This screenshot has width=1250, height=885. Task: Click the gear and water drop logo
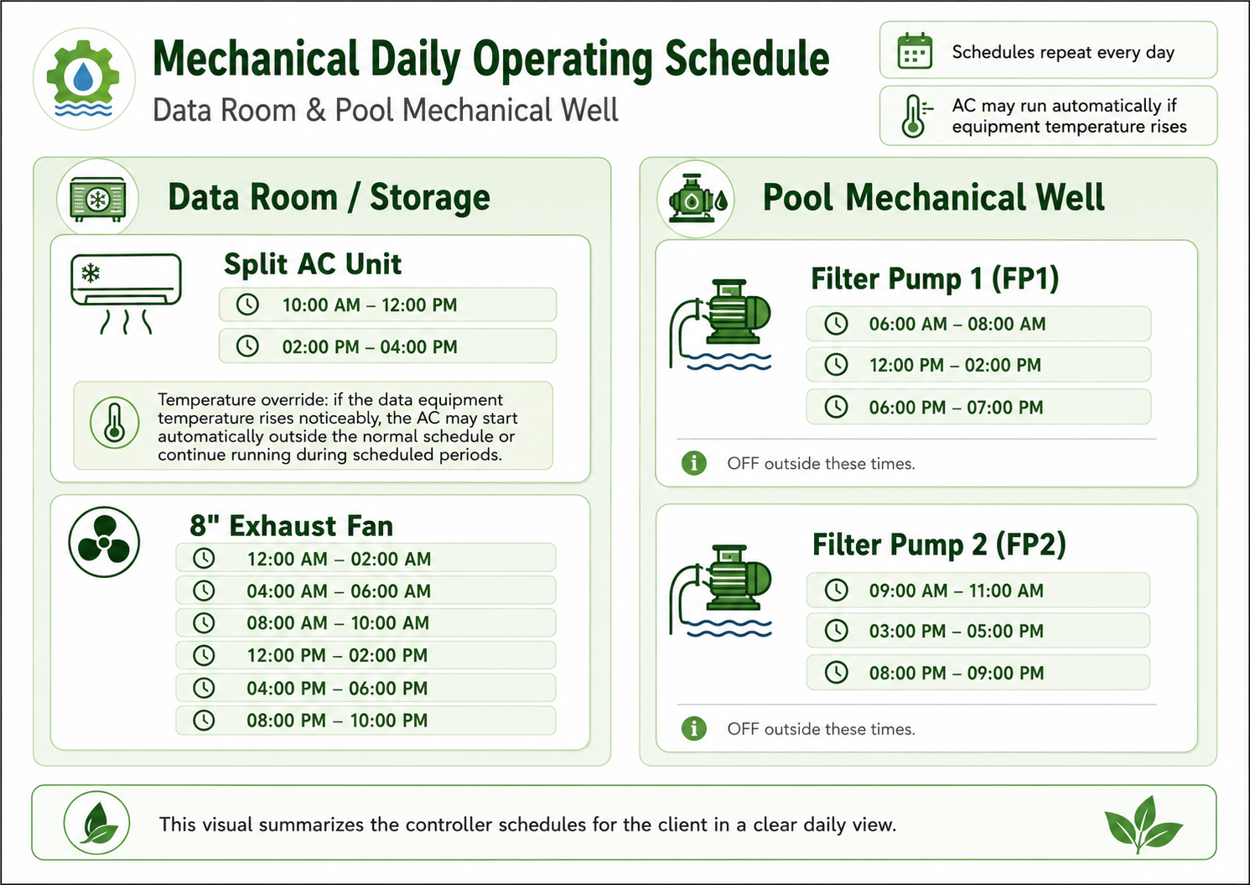tap(84, 79)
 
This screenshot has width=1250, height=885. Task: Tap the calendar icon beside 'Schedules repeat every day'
tap(915, 51)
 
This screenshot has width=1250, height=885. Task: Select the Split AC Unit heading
tap(313, 263)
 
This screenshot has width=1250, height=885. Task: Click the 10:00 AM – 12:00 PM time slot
tap(388, 305)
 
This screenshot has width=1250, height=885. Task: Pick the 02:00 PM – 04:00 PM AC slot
tap(388, 346)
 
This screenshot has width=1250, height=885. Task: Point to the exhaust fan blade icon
tap(104, 542)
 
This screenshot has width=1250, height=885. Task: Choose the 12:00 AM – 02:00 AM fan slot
tap(366, 559)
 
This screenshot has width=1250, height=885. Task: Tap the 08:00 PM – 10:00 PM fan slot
tap(366, 721)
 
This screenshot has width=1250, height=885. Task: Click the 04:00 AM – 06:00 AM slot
tap(366, 591)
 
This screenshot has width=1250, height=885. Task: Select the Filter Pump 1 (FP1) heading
tap(935, 279)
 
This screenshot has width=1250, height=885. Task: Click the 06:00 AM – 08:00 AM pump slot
tap(978, 324)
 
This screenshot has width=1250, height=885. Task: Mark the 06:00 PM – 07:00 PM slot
tap(978, 407)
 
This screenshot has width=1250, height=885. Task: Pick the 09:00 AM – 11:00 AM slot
tap(978, 591)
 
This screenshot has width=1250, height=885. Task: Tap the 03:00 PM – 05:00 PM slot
tap(978, 631)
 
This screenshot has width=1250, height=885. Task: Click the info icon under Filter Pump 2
tap(694, 728)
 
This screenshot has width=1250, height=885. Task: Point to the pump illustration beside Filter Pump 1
tap(720, 325)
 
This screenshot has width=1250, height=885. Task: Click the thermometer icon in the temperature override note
tap(114, 423)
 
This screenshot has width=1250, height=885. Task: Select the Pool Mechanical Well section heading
tap(933, 197)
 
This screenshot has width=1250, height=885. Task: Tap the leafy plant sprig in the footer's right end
tap(1144, 824)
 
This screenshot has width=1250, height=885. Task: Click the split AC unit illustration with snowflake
tap(126, 294)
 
